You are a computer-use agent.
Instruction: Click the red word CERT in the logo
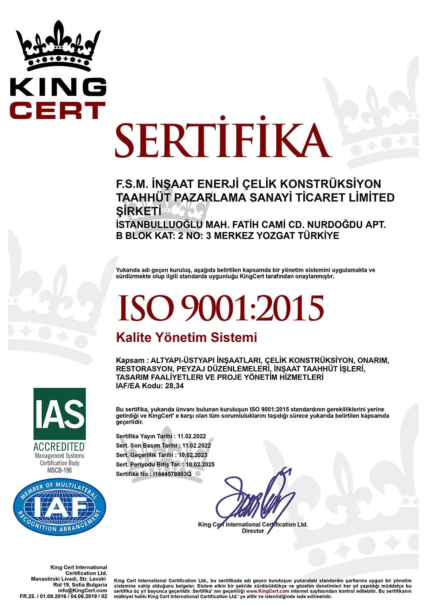[58, 110]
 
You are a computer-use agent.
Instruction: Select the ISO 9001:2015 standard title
[220, 308]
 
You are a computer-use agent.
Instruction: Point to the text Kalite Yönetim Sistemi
[187, 337]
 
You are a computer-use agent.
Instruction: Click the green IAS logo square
[59, 413]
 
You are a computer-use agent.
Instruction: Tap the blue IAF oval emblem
[59, 507]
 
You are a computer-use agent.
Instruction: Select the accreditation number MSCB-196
[59, 470]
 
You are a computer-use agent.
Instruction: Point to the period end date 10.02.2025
[201, 464]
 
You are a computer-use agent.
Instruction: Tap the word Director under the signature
[253, 531]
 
